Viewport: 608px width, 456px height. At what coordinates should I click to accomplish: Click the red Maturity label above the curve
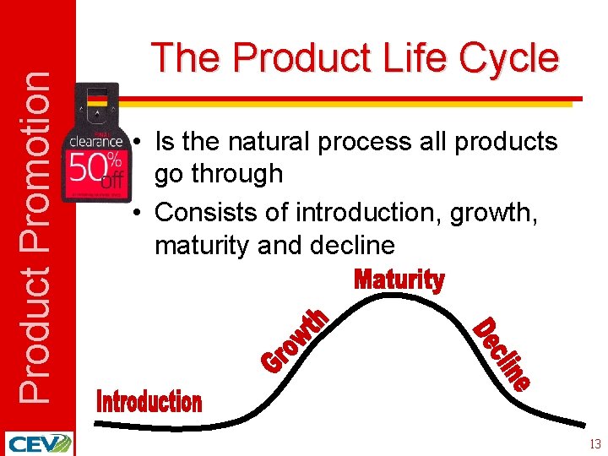(x=399, y=280)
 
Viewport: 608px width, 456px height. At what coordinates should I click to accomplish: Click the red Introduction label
(x=149, y=402)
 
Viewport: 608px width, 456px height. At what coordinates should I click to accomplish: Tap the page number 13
(x=594, y=444)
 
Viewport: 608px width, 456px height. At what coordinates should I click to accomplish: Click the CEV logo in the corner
(x=39, y=443)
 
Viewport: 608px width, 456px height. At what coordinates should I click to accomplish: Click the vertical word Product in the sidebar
(x=34, y=328)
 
